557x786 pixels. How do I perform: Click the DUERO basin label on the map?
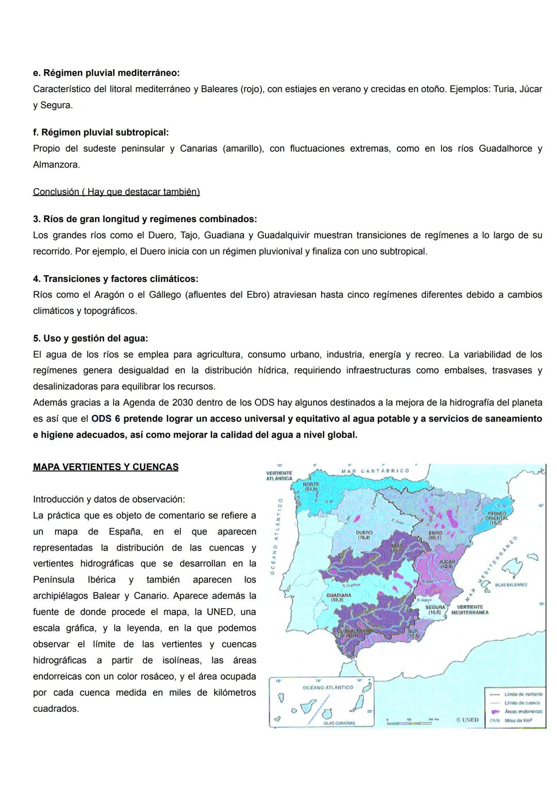(x=364, y=534)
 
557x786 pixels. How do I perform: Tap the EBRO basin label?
(x=435, y=534)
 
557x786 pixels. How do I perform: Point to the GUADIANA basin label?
(x=338, y=597)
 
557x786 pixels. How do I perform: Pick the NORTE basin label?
(x=311, y=487)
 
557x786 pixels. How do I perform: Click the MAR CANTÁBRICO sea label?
(x=375, y=471)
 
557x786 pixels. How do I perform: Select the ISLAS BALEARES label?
(x=511, y=585)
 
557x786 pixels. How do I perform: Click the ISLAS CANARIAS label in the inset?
(x=338, y=723)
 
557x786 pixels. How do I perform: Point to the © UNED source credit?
(x=467, y=720)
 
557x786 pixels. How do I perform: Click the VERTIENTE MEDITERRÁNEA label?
(x=469, y=610)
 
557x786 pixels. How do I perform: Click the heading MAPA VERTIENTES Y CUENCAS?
(x=106, y=467)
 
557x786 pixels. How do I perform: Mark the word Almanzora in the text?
(x=56, y=165)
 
